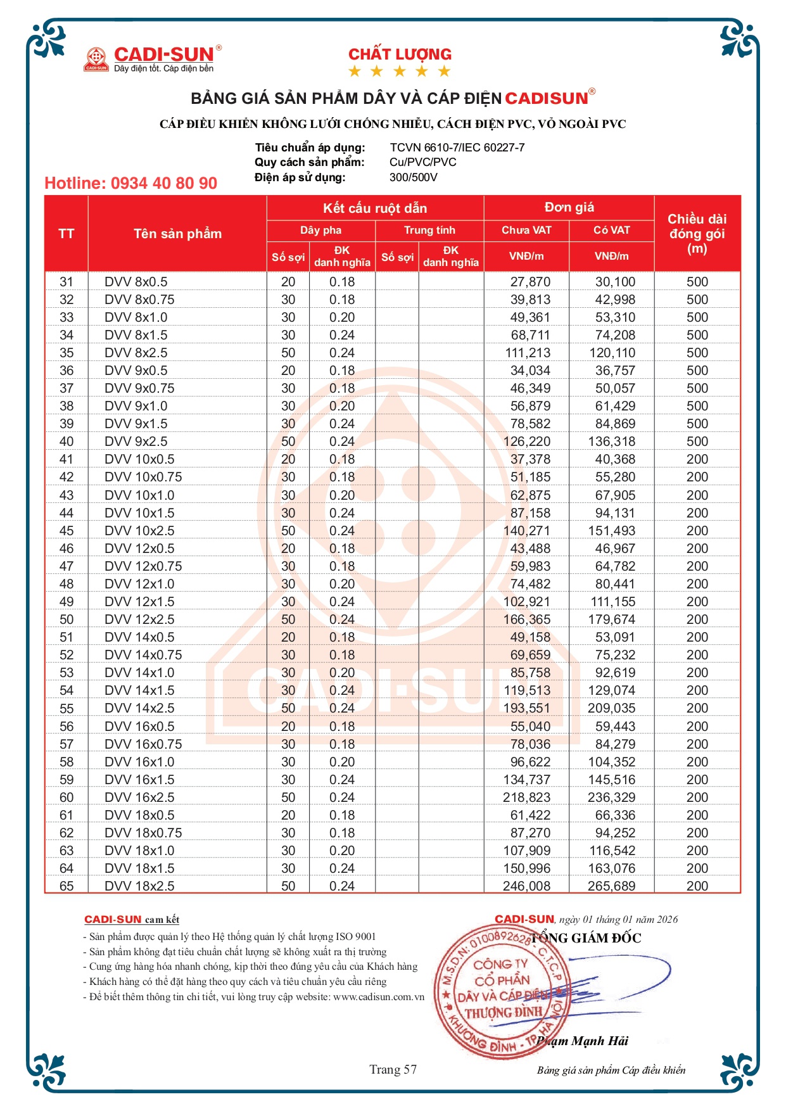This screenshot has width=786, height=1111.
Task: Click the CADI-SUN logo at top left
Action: click(x=153, y=58)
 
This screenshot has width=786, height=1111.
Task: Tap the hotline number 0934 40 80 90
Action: click(x=130, y=183)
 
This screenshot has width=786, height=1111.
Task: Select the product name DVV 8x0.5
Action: click(x=136, y=282)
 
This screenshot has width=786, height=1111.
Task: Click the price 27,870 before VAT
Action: click(x=530, y=282)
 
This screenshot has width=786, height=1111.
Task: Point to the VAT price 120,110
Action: click(x=611, y=353)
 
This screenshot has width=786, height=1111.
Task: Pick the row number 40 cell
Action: click(x=67, y=441)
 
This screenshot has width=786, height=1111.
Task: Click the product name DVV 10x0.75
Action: click(x=143, y=477)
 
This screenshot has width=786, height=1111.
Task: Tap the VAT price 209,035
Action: click(x=611, y=708)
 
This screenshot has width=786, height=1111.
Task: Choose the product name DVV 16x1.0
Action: click(x=139, y=762)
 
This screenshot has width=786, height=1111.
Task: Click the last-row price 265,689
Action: click(x=611, y=886)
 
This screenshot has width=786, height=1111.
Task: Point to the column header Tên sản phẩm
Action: click(x=177, y=234)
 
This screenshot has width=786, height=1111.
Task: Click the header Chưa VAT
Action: click(x=526, y=230)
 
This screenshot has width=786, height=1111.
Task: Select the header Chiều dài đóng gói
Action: click(x=697, y=234)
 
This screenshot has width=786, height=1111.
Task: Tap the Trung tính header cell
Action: click(x=429, y=230)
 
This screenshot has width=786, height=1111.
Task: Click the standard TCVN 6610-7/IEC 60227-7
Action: click(x=457, y=148)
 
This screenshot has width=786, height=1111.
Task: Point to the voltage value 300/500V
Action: click(x=413, y=177)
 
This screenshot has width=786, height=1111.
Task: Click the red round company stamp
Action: click(x=500, y=991)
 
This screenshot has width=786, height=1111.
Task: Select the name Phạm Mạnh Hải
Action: click(x=581, y=1041)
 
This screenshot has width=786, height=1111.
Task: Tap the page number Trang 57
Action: click(x=393, y=1070)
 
